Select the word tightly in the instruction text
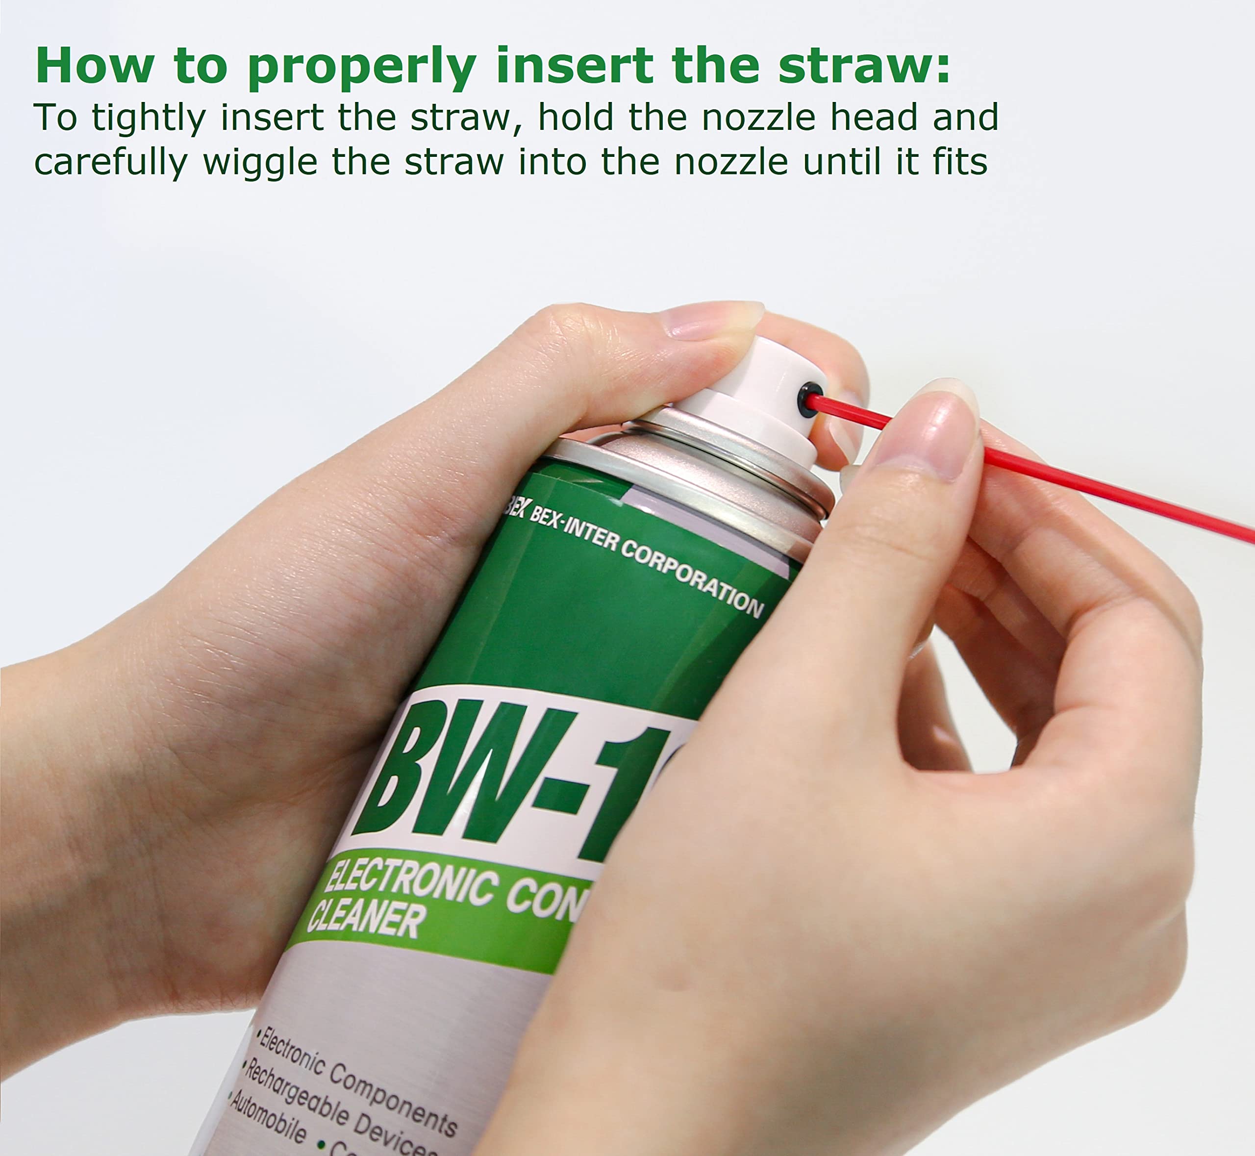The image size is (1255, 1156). coord(149,118)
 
